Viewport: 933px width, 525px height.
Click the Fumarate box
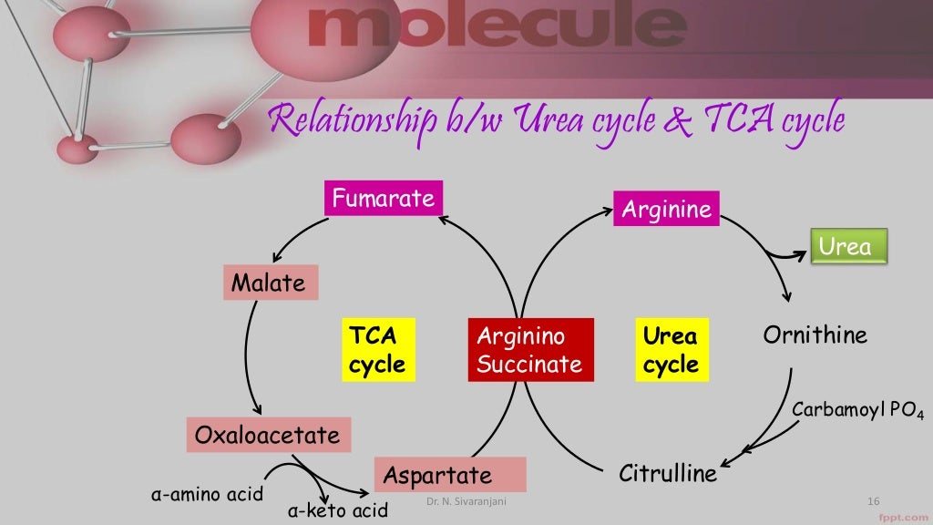(383, 199)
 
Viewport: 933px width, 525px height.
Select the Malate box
(269, 283)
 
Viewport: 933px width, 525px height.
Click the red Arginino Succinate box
(529, 350)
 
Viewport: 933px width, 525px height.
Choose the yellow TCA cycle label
(377, 350)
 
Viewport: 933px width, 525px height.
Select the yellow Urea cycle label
(671, 350)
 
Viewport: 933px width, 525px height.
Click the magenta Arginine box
(666, 211)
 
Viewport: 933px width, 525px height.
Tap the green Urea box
(847, 246)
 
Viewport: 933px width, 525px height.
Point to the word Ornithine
(815, 335)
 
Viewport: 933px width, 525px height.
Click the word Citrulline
(668, 474)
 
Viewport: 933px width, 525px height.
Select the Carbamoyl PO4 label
(857, 411)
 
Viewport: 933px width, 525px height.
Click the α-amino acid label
(206, 495)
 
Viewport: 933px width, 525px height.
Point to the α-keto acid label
(337, 510)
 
